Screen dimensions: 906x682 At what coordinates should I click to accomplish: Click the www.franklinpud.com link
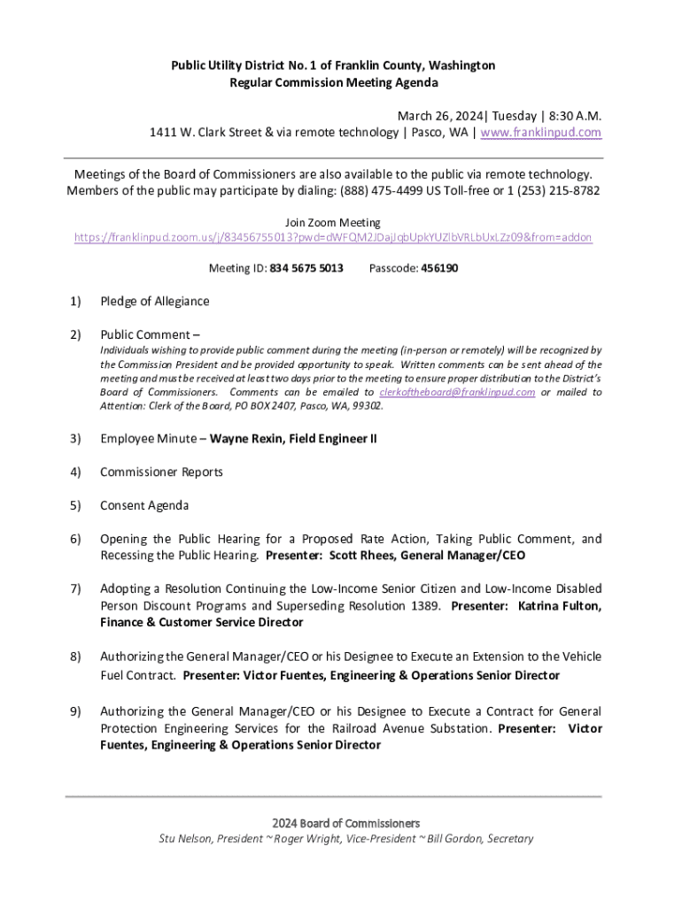tap(541, 132)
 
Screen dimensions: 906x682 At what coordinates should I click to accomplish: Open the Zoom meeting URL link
tap(333, 238)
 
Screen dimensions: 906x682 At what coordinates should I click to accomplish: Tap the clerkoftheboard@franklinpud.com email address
tap(457, 392)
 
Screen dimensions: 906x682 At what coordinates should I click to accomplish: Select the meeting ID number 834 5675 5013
tap(306, 267)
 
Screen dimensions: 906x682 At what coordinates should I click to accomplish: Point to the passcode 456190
tap(439, 267)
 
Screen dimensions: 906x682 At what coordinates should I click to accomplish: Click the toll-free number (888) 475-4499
tap(423, 190)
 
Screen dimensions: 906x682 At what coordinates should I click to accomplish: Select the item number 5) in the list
tap(75, 506)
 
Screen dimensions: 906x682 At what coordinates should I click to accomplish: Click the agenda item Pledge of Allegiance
tap(155, 301)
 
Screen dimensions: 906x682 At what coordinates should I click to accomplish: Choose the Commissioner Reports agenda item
tap(161, 472)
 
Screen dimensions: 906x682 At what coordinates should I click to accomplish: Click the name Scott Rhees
tap(363, 556)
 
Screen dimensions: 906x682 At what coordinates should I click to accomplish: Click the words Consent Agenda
tap(144, 506)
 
